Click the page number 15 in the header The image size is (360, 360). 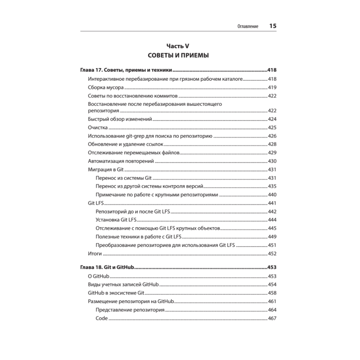pos(273,26)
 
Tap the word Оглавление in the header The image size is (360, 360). pos(248,27)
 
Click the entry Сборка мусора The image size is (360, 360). pos(106,87)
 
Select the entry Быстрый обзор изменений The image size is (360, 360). pos(120,119)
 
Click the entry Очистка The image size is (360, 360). pos(98,127)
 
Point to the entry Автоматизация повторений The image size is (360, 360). pos(121,161)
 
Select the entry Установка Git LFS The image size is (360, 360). pos(115,220)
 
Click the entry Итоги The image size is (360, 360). pos(95,254)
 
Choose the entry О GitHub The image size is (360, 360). pos(99,276)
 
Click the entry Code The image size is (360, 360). pos(102,318)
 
